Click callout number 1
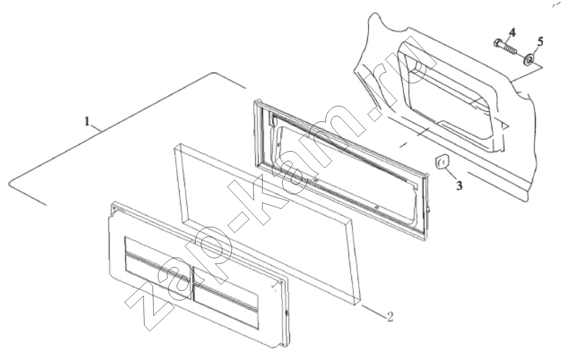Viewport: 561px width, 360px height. tap(87, 121)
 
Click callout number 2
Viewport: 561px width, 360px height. tap(390, 316)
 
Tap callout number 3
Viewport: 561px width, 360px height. tap(459, 186)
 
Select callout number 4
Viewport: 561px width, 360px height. tap(512, 33)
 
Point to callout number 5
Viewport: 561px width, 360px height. tap(540, 42)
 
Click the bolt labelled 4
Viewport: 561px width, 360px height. tap(505, 47)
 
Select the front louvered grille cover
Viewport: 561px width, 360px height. tap(199, 275)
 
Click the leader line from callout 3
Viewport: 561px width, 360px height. tap(450, 172)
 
